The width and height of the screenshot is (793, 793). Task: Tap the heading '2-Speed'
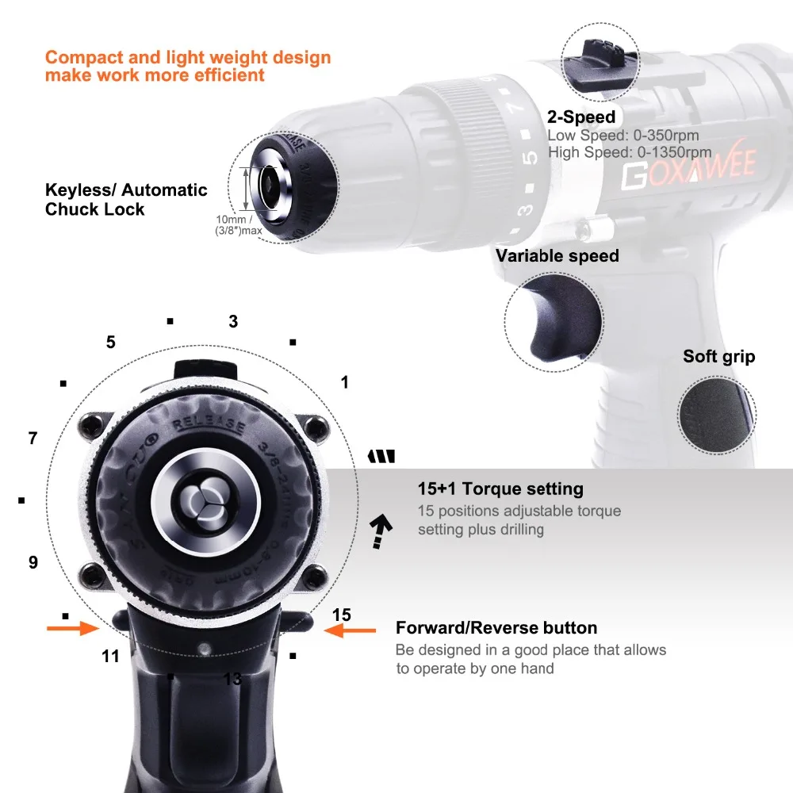tap(580, 117)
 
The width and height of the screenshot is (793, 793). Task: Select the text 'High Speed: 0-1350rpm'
tap(629, 152)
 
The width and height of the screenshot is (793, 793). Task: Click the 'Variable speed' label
tap(557, 256)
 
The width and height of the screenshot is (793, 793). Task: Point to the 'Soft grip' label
tap(718, 357)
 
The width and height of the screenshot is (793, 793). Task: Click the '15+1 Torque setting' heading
tap(500, 489)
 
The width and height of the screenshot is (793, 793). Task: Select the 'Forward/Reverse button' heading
tap(496, 628)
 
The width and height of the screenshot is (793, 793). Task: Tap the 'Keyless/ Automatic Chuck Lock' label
tap(126, 200)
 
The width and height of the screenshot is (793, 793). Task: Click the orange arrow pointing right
tap(72, 629)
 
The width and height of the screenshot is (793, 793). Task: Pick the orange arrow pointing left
tap(351, 630)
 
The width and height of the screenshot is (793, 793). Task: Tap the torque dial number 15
tap(341, 615)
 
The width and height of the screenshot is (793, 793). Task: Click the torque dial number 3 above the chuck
tap(233, 322)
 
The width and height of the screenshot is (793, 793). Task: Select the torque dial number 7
tap(33, 438)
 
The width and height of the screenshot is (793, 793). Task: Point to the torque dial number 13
tap(232, 679)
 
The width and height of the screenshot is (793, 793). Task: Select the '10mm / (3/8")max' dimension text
tap(241, 224)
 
